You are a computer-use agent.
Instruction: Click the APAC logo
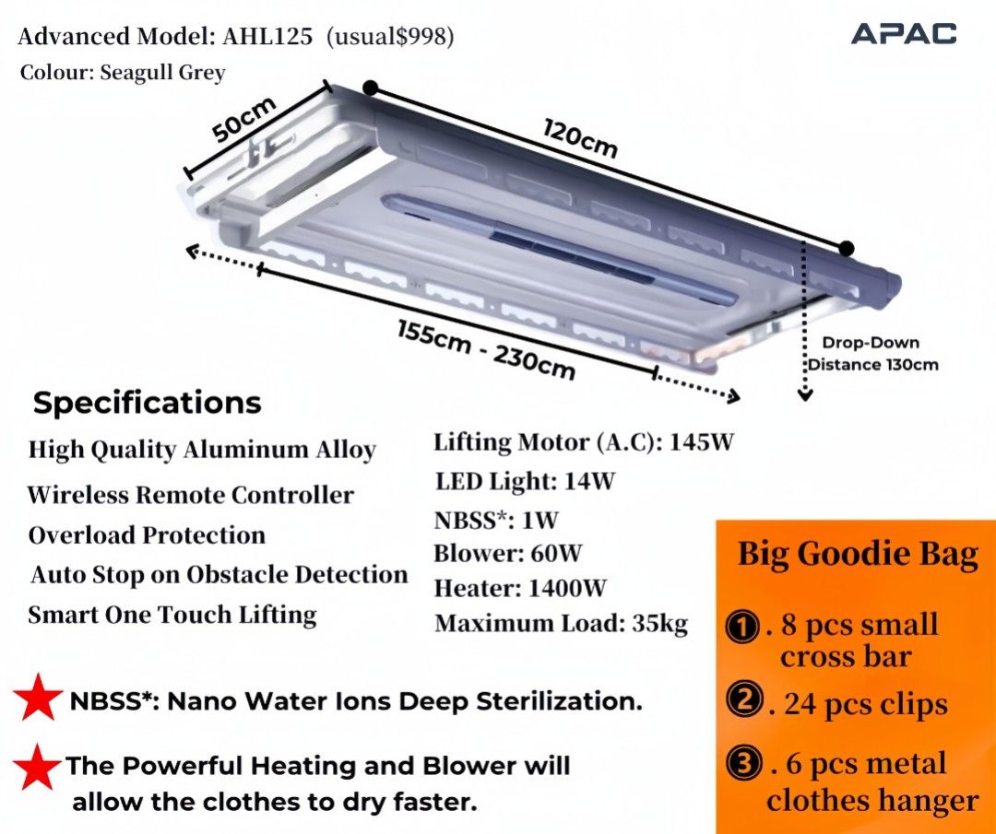click(903, 34)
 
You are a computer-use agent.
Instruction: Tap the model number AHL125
click(267, 36)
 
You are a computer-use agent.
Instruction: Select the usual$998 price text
click(390, 37)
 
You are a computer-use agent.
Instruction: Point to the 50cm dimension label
click(243, 119)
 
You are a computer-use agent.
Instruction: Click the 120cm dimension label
click(580, 137)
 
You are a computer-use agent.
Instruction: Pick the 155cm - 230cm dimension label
click(487, 349)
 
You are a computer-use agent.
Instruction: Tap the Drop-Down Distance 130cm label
click(872, 354)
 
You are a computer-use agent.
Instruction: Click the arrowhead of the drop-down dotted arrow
click(805, 395)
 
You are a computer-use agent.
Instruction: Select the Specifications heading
click(148, 403)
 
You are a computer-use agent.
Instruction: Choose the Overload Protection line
click(147, 535)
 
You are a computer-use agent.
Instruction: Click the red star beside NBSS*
click(38, 697)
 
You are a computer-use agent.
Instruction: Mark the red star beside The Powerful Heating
click(37, 767)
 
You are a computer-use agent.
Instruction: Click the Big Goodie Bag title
click(858, 554)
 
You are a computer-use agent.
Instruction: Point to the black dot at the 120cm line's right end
click(847, 248)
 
